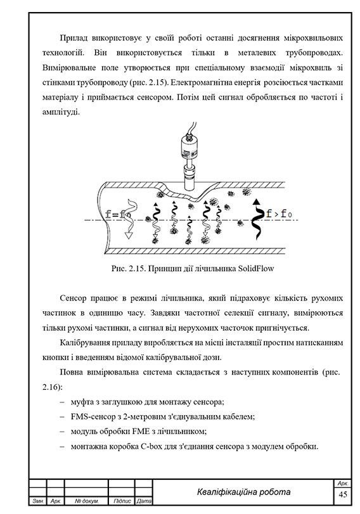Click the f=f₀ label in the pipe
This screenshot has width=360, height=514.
(x=118, y=214)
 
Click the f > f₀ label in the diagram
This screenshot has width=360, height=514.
(x=280, y=214)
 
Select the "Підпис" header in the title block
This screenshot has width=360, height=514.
(x=121, y=502)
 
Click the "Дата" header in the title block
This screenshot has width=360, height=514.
(x=143, y=502)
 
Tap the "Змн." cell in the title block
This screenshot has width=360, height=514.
(x=37, y=502)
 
